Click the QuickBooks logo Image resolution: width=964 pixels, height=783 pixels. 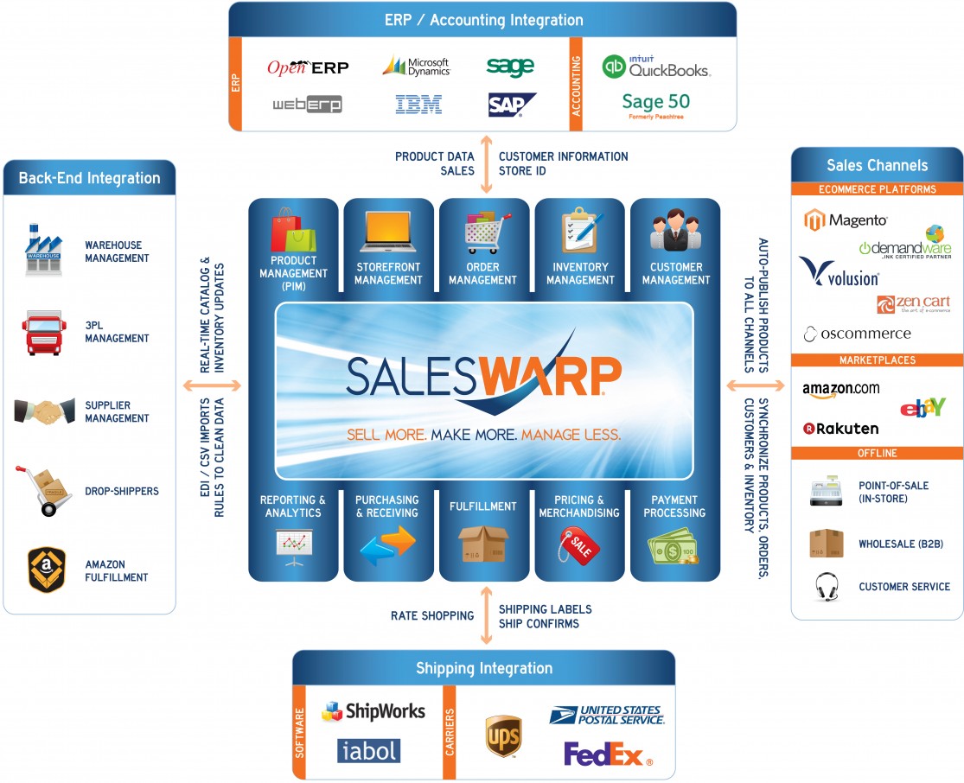pyautogui.click(x=656, y=67)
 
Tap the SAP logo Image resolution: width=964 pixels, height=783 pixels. pyautogui.click(x=511, y=105)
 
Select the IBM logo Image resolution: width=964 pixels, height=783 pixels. pyautogui.click(x=418, y=105)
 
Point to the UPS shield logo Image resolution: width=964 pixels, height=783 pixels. pyautogui.click(x=502, y=735)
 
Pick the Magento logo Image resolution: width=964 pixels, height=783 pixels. pyautogui.click(x=846, y=220)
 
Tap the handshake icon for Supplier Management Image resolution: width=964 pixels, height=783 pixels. pyautogui.click(x=45, y=411)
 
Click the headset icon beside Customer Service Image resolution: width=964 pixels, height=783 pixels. pyautogui.click(x=826, y=587)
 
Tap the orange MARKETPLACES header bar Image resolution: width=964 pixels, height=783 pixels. pyautogui.click(x=878, y=360)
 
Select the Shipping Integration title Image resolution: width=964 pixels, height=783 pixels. pyautogui.click(x=483, y=668)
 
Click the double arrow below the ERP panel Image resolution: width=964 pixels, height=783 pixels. pyautogui.click(x=487, y=164)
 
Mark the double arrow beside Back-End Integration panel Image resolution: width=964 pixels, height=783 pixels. pyautogui.click(x=210, y=385)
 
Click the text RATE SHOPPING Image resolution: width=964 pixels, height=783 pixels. pyautogui.click(x=432, y=616)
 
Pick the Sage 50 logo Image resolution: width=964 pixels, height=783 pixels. pyautogui.click(x=655, y=105)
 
